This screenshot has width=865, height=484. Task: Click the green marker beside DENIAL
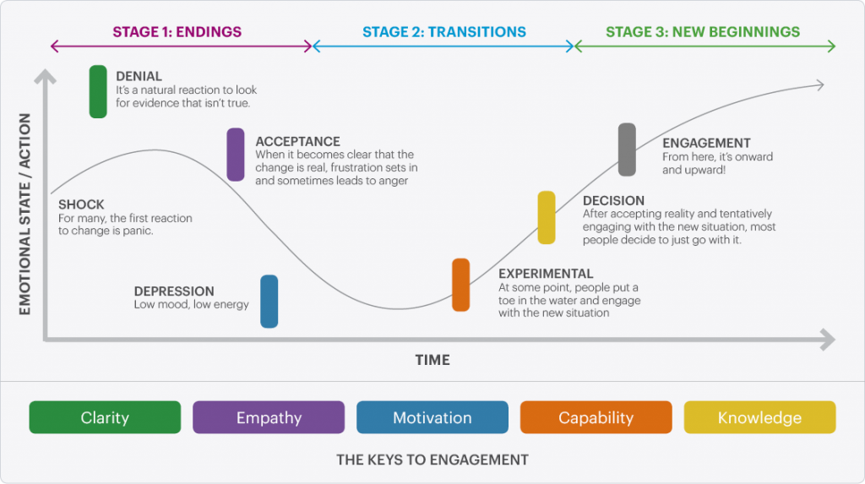click(98, 90)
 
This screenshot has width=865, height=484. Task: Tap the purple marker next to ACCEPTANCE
click(236, 155)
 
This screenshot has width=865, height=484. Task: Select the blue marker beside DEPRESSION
click(269, 301)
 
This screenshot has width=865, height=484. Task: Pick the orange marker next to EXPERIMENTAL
click(460, 285)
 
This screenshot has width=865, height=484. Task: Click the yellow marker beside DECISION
click(547, 217)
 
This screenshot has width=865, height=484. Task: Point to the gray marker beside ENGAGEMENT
click(627, 150)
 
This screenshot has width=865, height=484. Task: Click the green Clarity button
click(105, 417)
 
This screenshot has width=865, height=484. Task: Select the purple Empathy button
click(269, 417)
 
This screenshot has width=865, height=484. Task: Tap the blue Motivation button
click(432, 417)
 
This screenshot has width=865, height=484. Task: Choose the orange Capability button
click(596, 417)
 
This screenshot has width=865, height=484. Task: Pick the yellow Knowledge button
click(759, 417)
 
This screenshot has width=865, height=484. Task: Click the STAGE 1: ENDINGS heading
click(177, 32)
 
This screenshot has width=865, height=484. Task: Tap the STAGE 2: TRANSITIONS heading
click(444, 32)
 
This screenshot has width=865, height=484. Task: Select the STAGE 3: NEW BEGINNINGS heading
click(703, 32)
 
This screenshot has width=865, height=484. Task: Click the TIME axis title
click(432, 360)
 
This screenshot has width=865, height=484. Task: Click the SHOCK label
click(81, 204)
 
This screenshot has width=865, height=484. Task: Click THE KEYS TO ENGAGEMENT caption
click(432, 460)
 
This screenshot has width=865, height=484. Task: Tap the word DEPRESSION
click(174, 291)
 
